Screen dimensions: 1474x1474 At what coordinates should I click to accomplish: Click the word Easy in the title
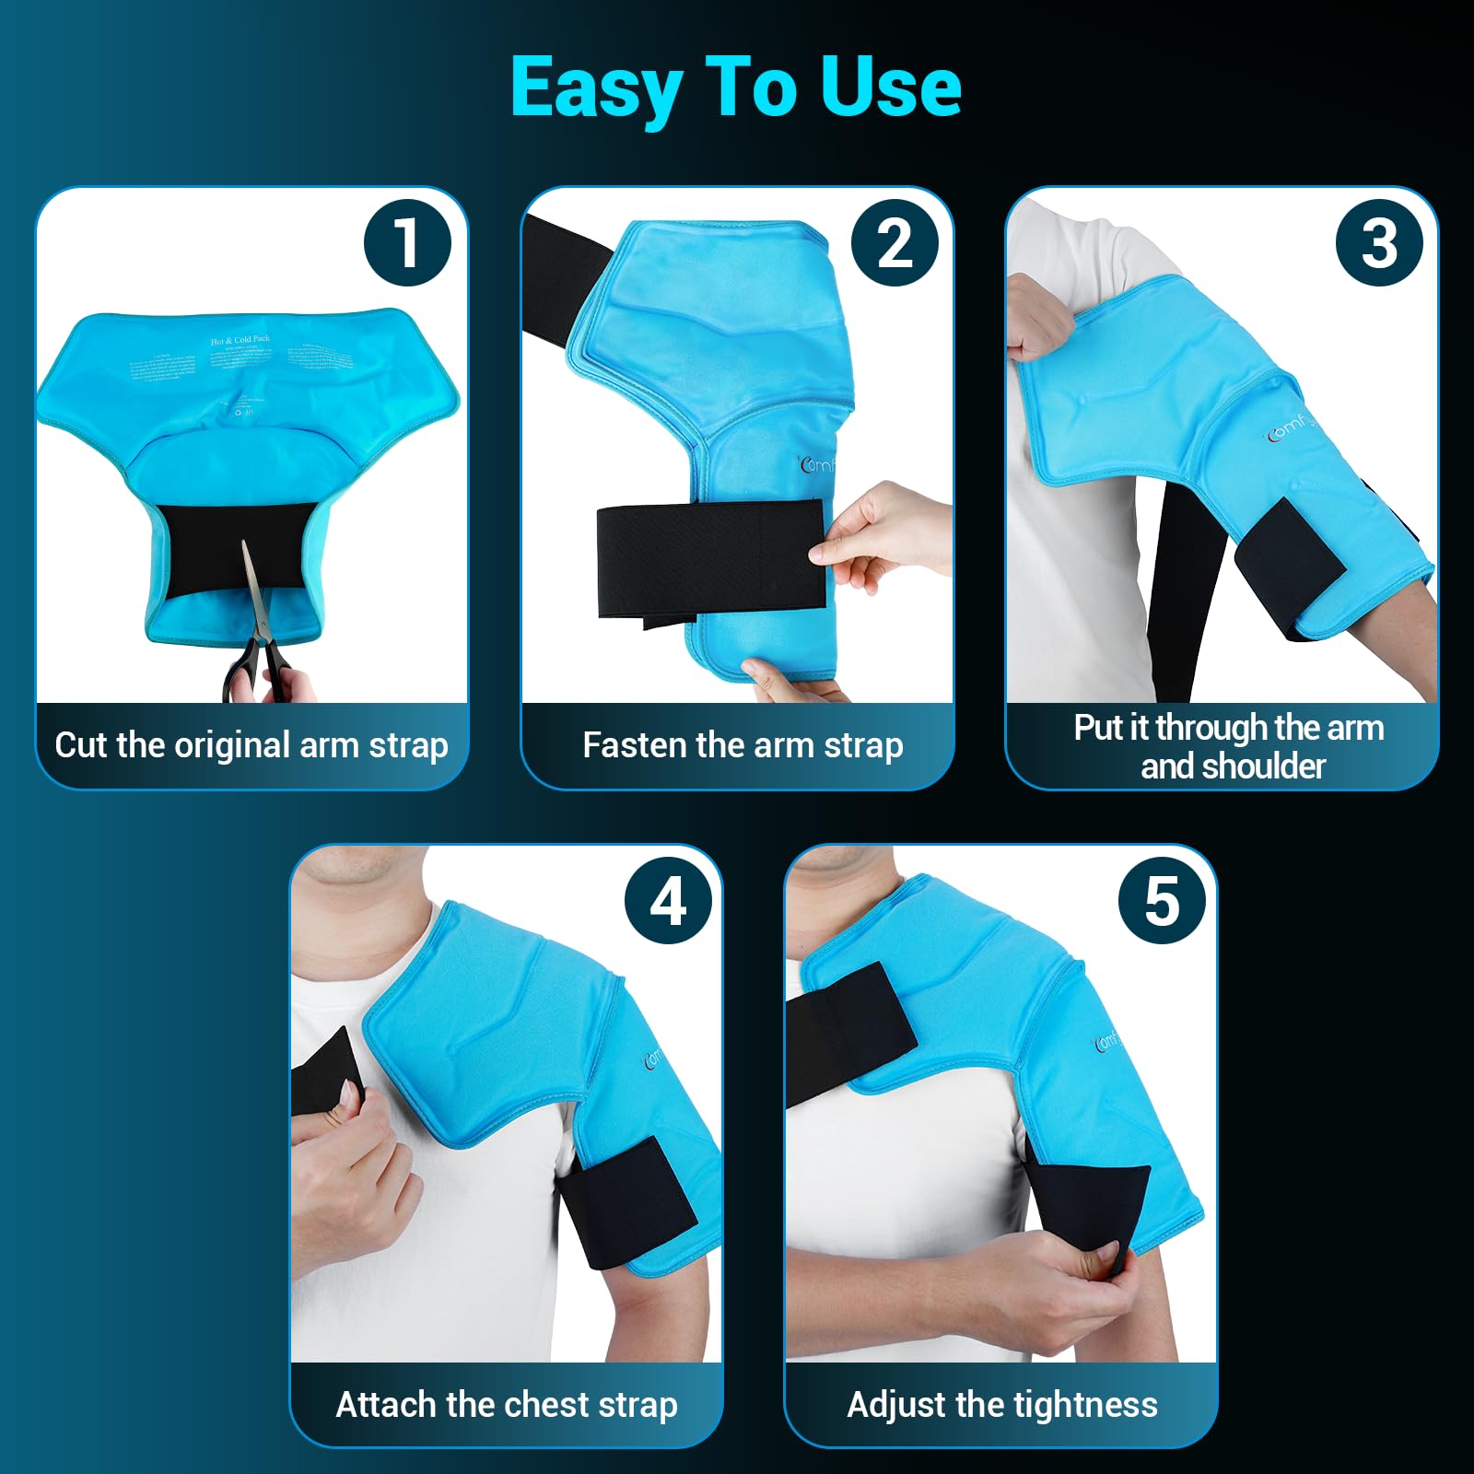pyautogui.click(x=596, y=88)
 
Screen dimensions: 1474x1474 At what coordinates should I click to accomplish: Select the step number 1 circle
pyautogui.click(x=407, y=243)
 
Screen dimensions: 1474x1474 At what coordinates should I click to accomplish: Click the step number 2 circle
pyautogui.click(x=894, y=243)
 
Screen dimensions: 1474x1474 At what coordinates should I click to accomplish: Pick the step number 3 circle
pyautogui.click(x=1379, y=243)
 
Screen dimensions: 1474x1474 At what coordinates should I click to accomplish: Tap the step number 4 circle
pyautogui.click(x=668, y=900)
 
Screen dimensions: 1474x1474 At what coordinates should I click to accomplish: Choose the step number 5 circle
pyautogui.click(x=1162, y=900)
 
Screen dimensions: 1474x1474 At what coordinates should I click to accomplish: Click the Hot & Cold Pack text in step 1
pyautogui.click(x=240, y=340)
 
